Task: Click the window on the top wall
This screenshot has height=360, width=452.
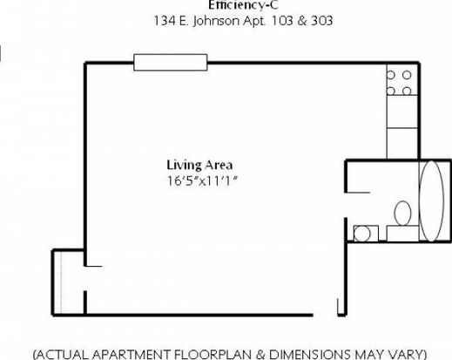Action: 171,62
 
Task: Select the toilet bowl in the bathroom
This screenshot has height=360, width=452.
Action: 402,214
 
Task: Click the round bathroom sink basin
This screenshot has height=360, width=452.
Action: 362,234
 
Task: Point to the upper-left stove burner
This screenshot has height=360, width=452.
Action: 391,75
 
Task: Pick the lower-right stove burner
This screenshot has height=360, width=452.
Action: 407,92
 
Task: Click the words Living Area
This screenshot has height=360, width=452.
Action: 199,165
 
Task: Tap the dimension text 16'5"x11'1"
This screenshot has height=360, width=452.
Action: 202,181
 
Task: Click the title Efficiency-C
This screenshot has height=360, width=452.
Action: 243,5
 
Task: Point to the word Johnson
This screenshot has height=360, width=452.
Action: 217,21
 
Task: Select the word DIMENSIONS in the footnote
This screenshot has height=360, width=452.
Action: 309,355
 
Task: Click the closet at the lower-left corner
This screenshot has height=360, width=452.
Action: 68,282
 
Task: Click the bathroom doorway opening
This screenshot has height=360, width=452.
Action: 346,205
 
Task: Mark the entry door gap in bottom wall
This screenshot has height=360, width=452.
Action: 325,315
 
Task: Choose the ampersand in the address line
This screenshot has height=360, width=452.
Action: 301,21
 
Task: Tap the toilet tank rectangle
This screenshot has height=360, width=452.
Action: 402,234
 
